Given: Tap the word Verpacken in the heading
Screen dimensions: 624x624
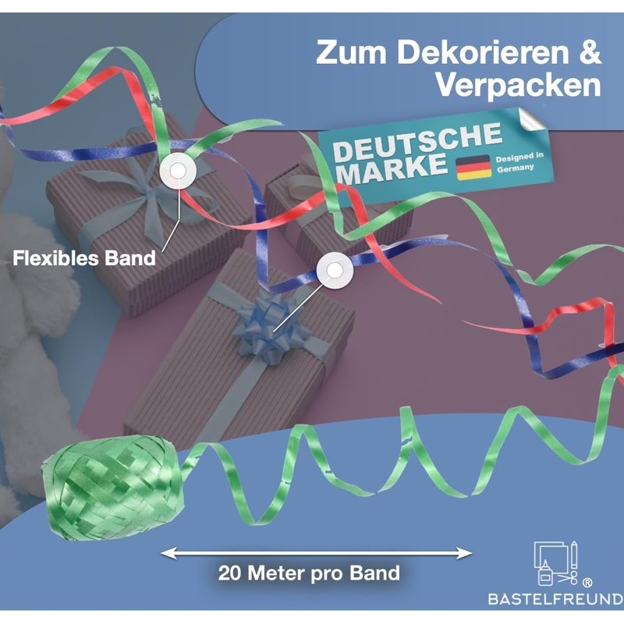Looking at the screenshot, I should (518, 84).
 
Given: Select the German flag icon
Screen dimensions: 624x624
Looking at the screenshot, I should (473, 166).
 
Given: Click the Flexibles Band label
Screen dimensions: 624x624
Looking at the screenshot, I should (84, 257).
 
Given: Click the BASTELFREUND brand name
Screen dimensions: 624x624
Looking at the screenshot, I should (555, 600).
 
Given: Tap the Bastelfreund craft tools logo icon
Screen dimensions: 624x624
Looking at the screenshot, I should (556, 563).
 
